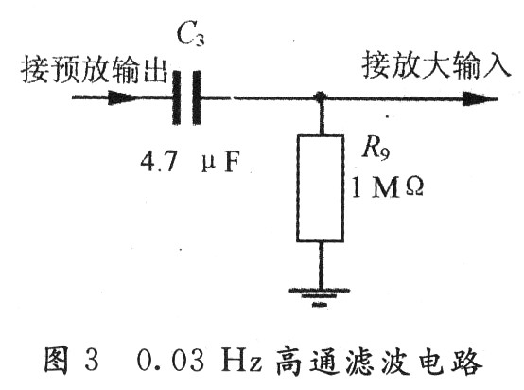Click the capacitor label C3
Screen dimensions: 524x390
click(190, 34)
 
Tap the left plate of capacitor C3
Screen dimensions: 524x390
click(177, 97)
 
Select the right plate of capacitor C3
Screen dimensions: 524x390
click(197, 97)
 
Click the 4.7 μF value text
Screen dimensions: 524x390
click(190, 163)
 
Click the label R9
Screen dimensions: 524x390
click(376, 149)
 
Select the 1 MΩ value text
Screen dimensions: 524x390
click(387, 187)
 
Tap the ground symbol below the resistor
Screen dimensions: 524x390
click(320, 296)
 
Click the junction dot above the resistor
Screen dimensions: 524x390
click(320, 97)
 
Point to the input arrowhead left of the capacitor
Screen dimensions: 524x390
click(120, 97)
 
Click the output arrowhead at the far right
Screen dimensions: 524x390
click(478, 99)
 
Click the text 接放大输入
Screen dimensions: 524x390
click(436, 64)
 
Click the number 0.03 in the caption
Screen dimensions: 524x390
click(170, 361)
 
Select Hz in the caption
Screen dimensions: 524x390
click(241, 361)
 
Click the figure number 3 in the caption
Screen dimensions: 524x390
click(91, 361)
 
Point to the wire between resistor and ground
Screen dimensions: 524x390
click(321, 264)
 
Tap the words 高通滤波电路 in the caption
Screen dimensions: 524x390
click(379, 361)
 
